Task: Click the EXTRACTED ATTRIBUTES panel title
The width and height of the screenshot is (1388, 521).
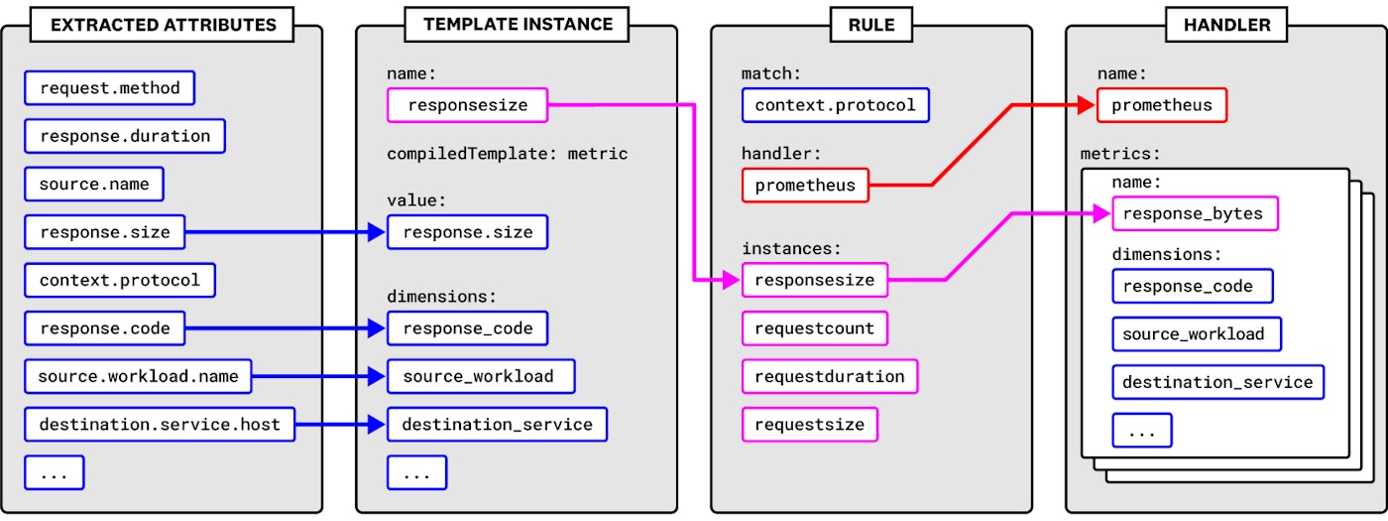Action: (x=163, y=25)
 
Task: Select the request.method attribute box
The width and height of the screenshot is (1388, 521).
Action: (x=110, y=88)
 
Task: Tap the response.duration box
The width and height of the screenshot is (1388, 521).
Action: (x=125, y=136)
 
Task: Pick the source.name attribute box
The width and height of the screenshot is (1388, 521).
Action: (x=94, y=185)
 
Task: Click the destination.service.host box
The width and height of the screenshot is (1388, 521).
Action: (x=160, y=425)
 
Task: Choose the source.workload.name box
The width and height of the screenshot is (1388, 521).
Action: (x=138, y=376)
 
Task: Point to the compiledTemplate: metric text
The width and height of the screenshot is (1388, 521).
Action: (x=507, y=154)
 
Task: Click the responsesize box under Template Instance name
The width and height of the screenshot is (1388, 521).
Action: (x=468, y=105)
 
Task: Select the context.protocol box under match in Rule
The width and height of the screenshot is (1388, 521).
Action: (x=835, y=105)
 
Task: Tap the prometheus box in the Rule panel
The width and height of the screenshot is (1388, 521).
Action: (x=805, y=186)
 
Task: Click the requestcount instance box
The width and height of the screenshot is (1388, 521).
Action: (x=815, y=328)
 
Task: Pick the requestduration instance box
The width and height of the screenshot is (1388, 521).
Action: (x=830, y=376)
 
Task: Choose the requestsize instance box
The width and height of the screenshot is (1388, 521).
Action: (x=810, y=425)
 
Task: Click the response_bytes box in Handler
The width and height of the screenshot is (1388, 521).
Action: (x=1195, y=214)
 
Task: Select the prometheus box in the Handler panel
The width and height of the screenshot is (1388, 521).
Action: (x=1162, y=105)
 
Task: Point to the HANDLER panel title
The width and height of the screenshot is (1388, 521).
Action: (x=1226, y=25)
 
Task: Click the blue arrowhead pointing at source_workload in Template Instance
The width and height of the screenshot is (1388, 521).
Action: (x=376, y=376)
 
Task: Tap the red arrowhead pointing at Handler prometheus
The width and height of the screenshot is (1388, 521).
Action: (x=1087, y=105)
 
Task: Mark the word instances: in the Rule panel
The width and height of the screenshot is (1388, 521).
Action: (x=791, y=249)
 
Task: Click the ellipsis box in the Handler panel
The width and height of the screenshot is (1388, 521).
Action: (x=1141, y=431)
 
